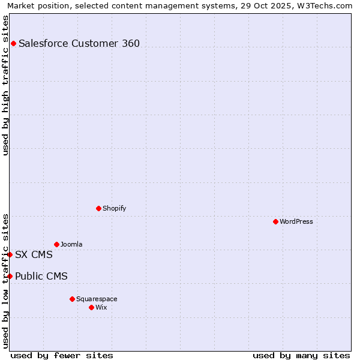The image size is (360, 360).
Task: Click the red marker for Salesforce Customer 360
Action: (13, 43)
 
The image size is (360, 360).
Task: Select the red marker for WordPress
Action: (275, 221)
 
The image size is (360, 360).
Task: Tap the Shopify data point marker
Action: (98, 208)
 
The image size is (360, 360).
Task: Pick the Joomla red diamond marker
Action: (56, 244)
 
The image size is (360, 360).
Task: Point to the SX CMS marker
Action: (10, 254)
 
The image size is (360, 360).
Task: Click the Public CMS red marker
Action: (10, 276)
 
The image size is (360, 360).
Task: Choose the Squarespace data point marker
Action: (72, 299)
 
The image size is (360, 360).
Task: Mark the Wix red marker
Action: (91, 307)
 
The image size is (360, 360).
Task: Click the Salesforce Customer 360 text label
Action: (79, 43)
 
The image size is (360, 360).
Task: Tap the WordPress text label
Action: (296, 221)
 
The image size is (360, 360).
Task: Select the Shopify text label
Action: (114, 208)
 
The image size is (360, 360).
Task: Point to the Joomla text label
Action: (71, 244)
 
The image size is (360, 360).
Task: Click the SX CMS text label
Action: (34, 254)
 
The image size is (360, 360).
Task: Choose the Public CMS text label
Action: (41, 276)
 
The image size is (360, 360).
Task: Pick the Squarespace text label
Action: (97, 299)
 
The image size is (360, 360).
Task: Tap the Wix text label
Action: (101, 307)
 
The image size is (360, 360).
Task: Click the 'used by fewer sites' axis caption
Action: (62, 355)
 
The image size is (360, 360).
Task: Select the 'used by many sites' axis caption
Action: (301, 355)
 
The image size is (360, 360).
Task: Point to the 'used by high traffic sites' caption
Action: (5, 85)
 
